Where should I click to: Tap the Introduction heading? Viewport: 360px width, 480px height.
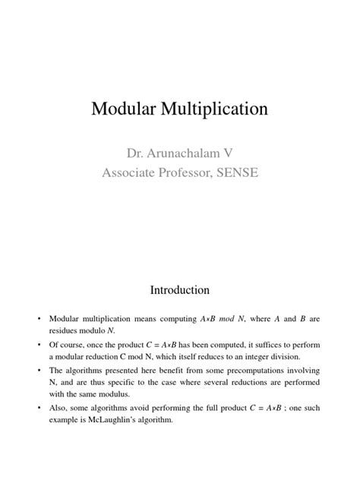coord(179,289)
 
